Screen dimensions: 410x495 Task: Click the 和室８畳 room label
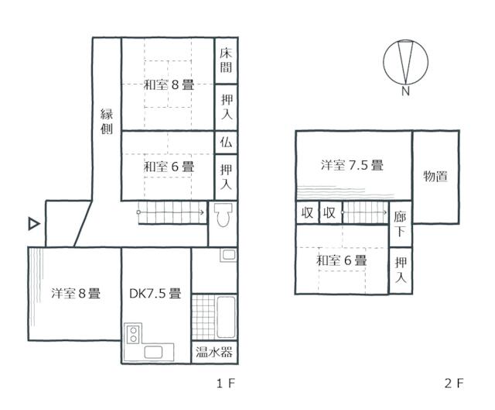(x=168, y=85)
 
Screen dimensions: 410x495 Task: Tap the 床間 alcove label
(x=226, y=60)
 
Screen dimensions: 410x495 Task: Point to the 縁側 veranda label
(x=107, y=122)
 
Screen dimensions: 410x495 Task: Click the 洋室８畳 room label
(x=75, y=294)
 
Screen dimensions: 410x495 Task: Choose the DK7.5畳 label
(x=155, y=294)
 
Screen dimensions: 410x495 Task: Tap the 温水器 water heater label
(x=214, y=353)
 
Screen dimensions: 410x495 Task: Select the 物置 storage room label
(x=435, y=176)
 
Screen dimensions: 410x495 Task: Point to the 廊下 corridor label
(x=400, y=223)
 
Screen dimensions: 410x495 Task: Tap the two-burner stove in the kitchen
(x=132, y=335)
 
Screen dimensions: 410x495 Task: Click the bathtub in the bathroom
(x=226, y=317)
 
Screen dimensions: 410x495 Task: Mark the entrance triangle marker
(x=33, y=224)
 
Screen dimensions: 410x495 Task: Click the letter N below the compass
(x=405, y=92)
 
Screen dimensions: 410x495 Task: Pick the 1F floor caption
(x=225, y=383)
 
